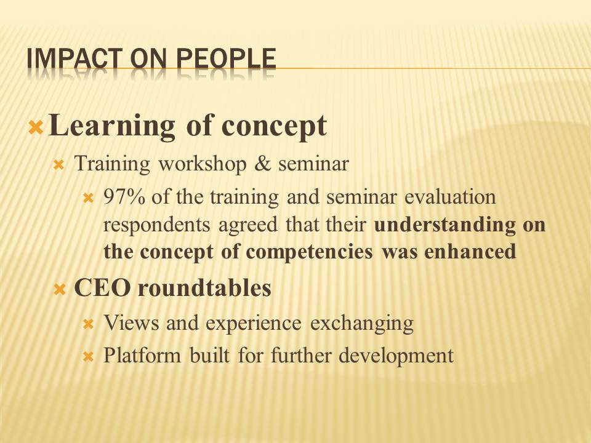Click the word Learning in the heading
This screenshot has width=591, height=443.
(112, 126)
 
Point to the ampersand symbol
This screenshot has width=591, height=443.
(263, 164)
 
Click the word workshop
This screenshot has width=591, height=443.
(202, 164)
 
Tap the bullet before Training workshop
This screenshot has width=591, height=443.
(59, 165)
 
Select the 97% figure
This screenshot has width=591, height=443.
(124, 197)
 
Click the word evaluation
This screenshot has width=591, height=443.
(450, 197)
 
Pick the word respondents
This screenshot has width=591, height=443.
(156, 225)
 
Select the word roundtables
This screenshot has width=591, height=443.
(204, 288)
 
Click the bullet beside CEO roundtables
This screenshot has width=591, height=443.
(60, 290)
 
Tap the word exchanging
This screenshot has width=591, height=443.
(362, 324)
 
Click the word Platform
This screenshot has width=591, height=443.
(142, 355)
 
